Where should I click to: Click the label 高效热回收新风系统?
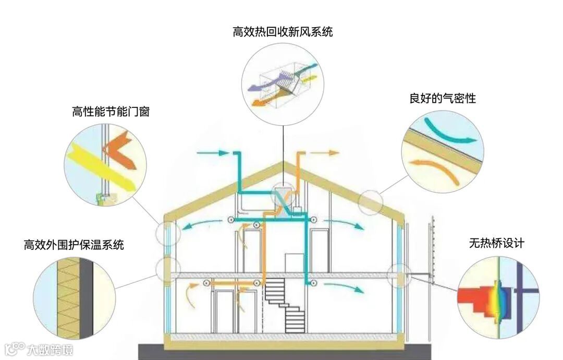click(283, 32)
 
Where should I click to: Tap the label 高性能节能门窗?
click(111, 111)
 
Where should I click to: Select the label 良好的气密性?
click(443, 98)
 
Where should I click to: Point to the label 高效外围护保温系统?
click(74, 245)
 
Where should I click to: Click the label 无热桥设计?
click(496, 243)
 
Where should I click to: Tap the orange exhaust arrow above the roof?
click(326, 153)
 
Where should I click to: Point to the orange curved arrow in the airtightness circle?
click(435, 169)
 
